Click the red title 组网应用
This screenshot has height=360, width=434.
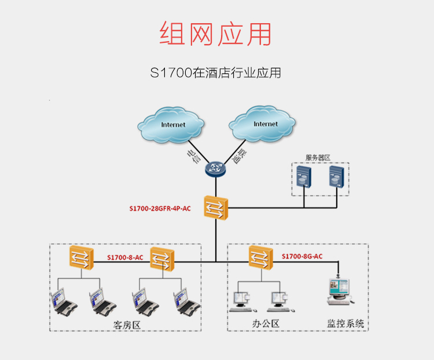[x=215, y=34]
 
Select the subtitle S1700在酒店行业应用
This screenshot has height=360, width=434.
[x=215, y=74]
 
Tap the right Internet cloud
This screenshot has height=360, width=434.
[x=264, y=124]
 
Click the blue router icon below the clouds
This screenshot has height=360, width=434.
[x=216, y=168]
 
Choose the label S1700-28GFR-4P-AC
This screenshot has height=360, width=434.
[x=160, y=208]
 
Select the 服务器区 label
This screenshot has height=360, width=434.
[x=318, y=157]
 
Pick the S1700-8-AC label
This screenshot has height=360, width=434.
[x=125, y=257]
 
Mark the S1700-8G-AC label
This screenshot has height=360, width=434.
[x=302, y=256]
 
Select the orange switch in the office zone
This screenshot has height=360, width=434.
[x=260, y=257]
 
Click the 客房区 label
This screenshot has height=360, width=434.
[x=127, y=325]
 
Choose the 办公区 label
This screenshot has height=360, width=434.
[x=266, y=324]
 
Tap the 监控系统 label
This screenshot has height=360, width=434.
[x=345, y=324]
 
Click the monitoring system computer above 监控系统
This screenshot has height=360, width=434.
[x=339, y=292]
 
